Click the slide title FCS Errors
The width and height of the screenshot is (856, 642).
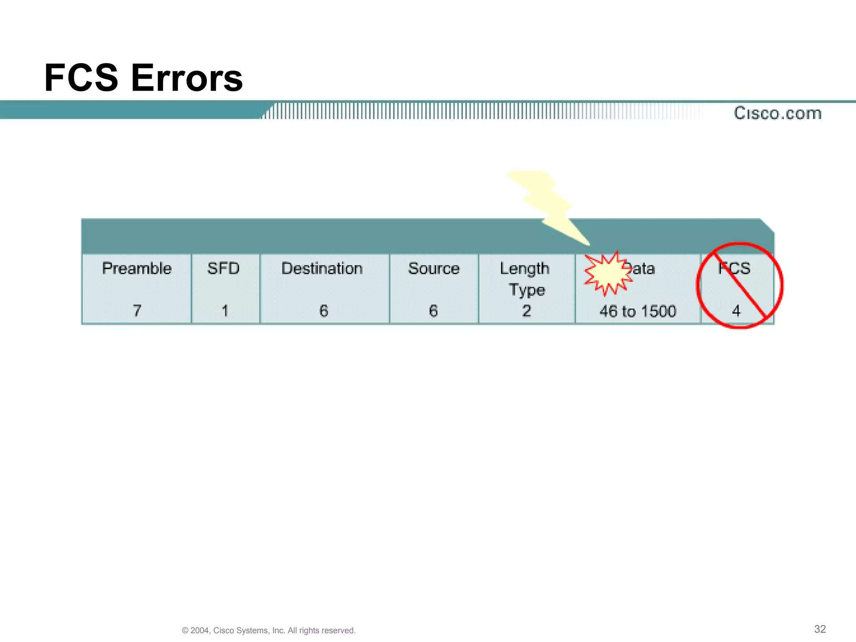[143, 78]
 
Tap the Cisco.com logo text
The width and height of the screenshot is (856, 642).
[777, 113]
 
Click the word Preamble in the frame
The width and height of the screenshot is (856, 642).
[137, 268]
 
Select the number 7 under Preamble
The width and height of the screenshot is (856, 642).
[137, 311]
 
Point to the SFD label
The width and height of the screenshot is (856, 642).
[223, 268]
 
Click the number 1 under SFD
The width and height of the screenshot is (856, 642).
[225, 311]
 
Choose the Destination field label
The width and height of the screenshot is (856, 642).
[322, 268]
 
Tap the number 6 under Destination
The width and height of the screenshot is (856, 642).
[324, 311]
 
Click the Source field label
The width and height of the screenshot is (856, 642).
[433, 268]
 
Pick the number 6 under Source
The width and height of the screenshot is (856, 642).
[433, 311]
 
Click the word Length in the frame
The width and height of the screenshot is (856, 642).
[525, 269]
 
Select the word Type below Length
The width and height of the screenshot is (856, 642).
[527, 290]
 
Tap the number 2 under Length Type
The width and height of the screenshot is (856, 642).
[527, 311]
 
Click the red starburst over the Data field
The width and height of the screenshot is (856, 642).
[608, 273]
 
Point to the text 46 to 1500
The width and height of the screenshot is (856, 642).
[638, 311]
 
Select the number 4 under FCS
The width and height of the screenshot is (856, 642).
[736, 311]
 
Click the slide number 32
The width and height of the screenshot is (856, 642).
[820, 629]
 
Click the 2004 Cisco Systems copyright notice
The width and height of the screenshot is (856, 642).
[269, 630]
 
